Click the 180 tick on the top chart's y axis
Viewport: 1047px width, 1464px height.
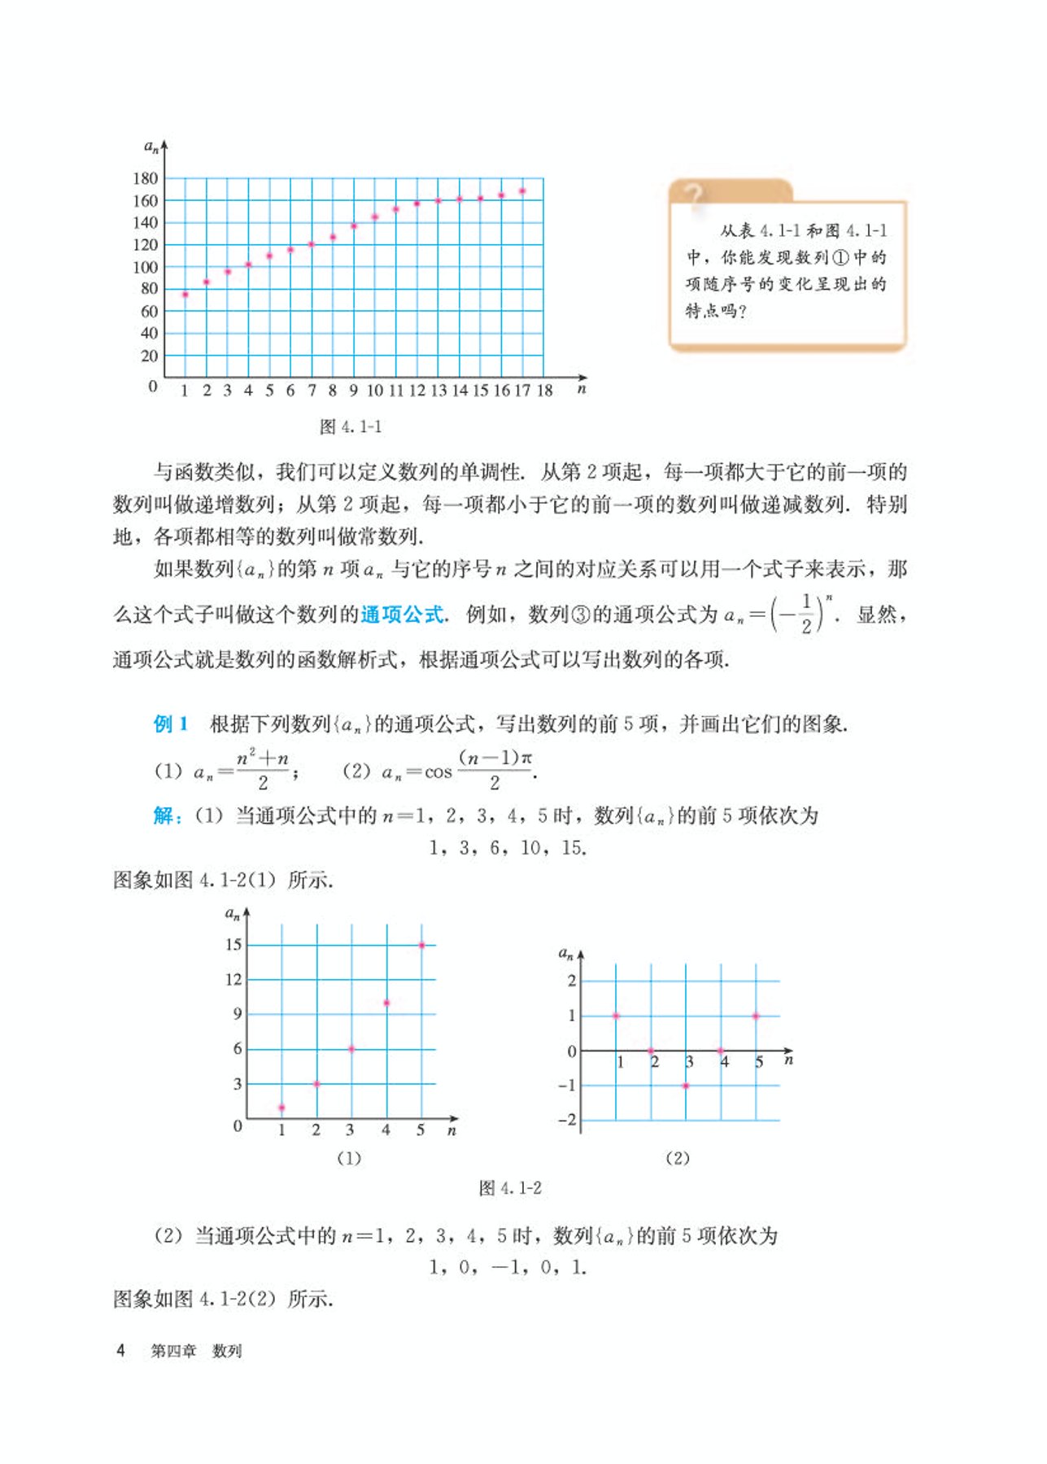tap(145, 178)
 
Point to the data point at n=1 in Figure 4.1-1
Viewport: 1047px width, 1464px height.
tap(185, 295)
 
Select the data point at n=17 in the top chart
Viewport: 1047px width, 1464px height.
tap(522, 191)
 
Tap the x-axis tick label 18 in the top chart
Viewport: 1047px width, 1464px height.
tap(544, 391)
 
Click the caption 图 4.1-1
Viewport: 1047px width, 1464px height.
tap(351, 426)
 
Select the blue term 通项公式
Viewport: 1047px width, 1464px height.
tap(402, 614)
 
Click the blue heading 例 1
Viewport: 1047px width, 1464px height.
tap(171, 723)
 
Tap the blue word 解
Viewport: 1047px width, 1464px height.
tap(163, 815)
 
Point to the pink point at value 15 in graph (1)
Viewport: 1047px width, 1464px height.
tap(421, 945)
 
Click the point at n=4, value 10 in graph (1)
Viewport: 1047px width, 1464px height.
tap(386, 1003)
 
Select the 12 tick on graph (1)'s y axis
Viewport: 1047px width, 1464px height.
tap(233, 979)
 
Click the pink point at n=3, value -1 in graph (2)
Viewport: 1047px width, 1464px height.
tap(686, 1086)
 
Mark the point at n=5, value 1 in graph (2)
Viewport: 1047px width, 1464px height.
tap(756, 1016)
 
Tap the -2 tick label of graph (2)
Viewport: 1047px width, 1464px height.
tap(566, 1120)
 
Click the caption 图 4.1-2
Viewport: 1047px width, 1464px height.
tap(510, 1188)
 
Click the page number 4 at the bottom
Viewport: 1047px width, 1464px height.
tap(120, 1350)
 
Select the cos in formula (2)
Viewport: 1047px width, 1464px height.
tap(438, 772)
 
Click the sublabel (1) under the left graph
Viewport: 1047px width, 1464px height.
tap(349, 1158)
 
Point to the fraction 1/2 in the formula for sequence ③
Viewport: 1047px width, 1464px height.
tap(805, 614)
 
